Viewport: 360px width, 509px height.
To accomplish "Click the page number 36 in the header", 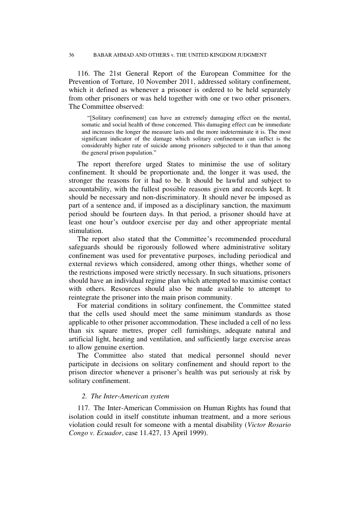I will (72, 55).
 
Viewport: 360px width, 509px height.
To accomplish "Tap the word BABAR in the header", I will (103, 55).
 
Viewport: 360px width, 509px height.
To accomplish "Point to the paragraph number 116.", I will (85, 73).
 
